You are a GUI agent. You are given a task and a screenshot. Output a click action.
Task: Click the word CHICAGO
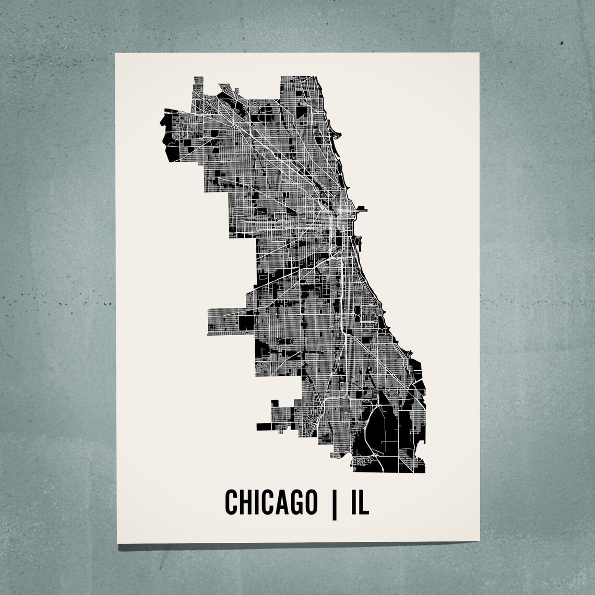click(x=270, y=502)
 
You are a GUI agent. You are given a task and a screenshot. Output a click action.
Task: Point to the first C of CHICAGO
click(x=231, y=502)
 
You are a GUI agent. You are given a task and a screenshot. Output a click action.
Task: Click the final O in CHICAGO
click(x=310, y=502)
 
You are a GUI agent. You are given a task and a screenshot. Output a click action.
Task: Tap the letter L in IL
click(x=365, y=502)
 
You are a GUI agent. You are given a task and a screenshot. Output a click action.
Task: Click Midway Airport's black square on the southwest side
click(x=246, y=322)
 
